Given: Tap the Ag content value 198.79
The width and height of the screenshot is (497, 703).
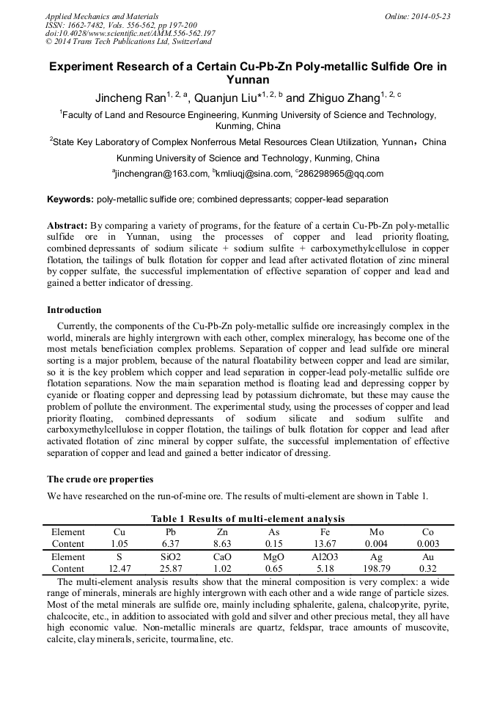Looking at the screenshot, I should (x=376, y=568).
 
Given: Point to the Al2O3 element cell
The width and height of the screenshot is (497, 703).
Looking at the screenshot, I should (x=325, y=556).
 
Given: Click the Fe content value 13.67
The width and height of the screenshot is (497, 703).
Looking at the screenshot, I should (x=325, y=544).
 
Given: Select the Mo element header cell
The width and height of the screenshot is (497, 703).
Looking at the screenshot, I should (x=376, y=532).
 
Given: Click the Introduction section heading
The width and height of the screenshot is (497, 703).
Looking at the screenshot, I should (x=74, y=310).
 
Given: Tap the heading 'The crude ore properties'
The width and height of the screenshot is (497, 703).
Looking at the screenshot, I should (x=100, y=479).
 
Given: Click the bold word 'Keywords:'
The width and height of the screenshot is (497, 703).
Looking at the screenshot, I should (x=70, y=199).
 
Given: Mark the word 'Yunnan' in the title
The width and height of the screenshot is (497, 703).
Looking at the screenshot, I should (x=248, y=80).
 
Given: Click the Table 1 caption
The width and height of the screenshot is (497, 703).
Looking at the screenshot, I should (x=248, y=520).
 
